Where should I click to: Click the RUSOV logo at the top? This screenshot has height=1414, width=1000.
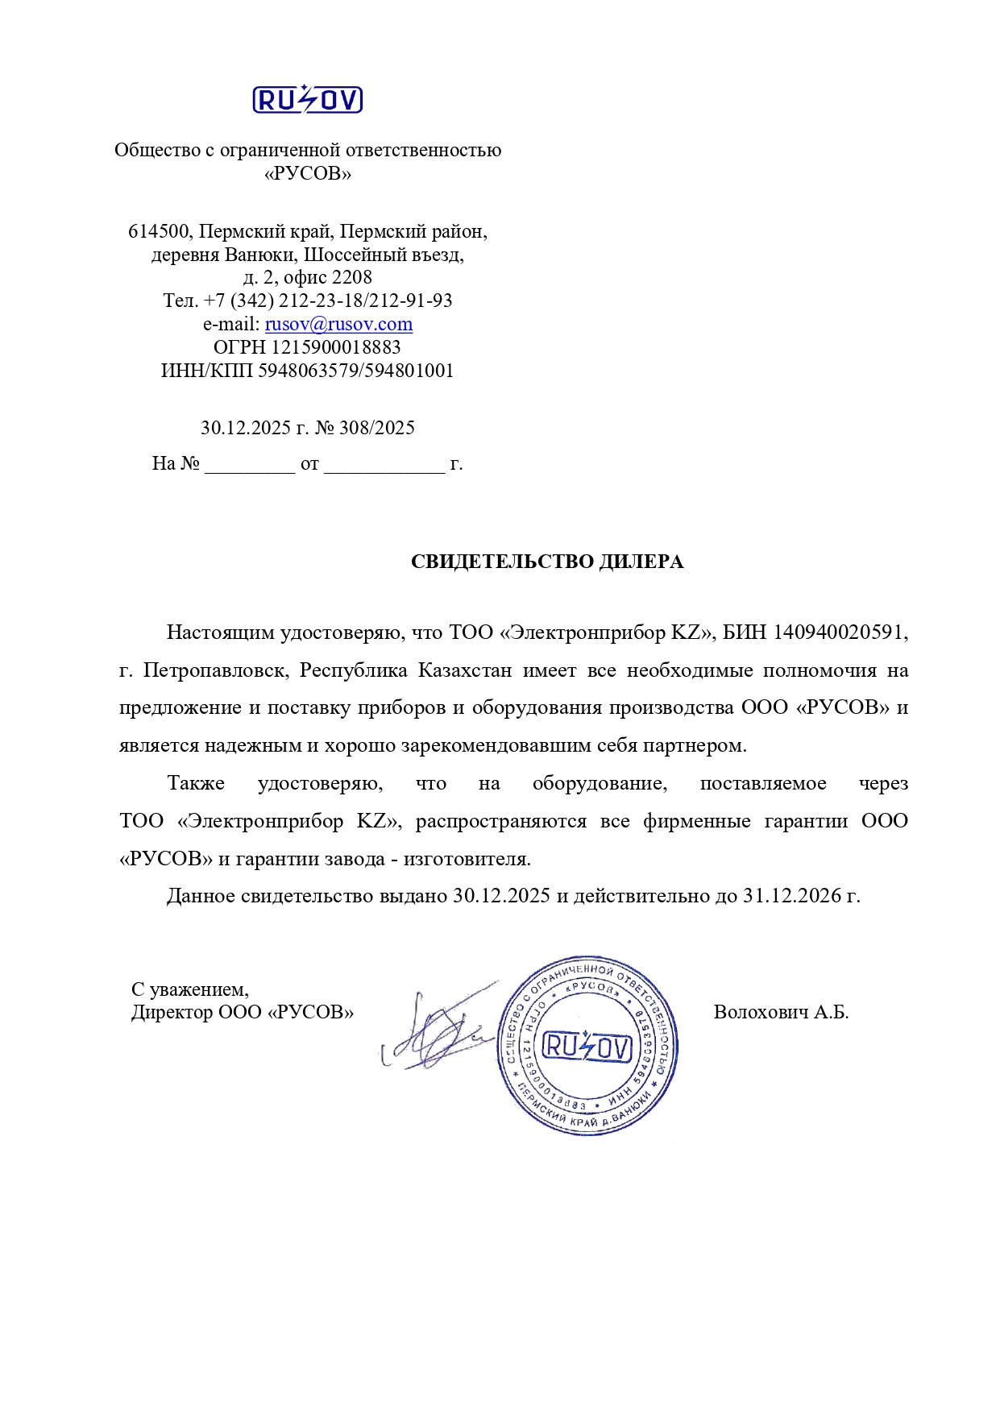coord(307,100)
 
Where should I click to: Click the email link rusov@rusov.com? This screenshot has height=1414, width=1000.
coord(338,324)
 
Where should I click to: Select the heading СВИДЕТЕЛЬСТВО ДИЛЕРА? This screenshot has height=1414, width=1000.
coord(547,562)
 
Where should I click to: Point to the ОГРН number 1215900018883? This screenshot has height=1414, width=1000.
coord(335,347)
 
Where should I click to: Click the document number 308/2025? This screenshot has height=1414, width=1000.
coord(376,428)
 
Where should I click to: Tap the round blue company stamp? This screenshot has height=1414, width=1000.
coord(587,1046)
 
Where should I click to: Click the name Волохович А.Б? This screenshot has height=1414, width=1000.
coord(781,1012)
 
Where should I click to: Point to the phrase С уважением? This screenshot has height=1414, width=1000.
coord(190,989)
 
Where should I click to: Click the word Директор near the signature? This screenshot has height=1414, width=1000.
coord(172,1012)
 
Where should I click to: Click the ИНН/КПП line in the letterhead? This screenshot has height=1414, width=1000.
coord(307,371)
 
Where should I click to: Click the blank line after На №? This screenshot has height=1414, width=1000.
coord(250,465)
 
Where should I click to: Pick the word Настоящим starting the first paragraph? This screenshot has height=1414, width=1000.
coord(220,632)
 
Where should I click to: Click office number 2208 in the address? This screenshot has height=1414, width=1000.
coord(352,278)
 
